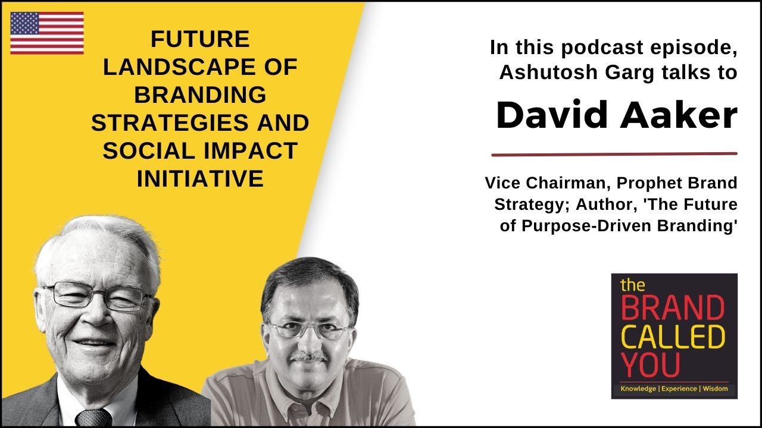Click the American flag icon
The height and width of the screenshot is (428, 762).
(47, 33)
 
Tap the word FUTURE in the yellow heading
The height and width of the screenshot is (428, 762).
(199, 40)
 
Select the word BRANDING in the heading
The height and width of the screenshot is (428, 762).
(199, 95)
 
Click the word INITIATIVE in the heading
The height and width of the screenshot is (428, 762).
(199, 178)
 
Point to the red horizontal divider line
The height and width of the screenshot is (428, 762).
(614, 155)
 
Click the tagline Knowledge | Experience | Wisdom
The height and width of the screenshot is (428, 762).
(673, 388)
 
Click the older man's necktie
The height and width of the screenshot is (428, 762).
(93, 418)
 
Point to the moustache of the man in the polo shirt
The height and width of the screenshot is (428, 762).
(308, 358)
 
